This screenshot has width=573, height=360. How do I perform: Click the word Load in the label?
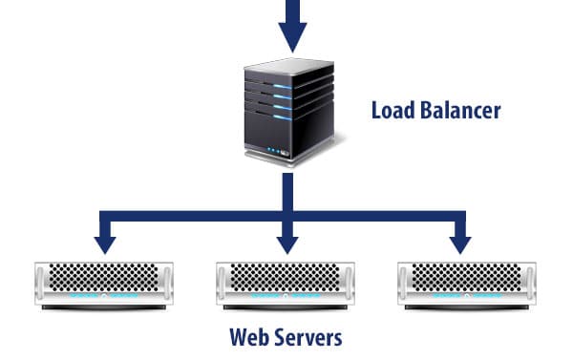point(392,110)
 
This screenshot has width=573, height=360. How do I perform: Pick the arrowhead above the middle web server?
point(286,243)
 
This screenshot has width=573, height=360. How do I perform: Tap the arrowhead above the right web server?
point(461,243)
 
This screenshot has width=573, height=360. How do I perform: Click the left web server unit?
point(105,286)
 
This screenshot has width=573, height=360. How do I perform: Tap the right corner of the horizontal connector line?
point(461,217)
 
